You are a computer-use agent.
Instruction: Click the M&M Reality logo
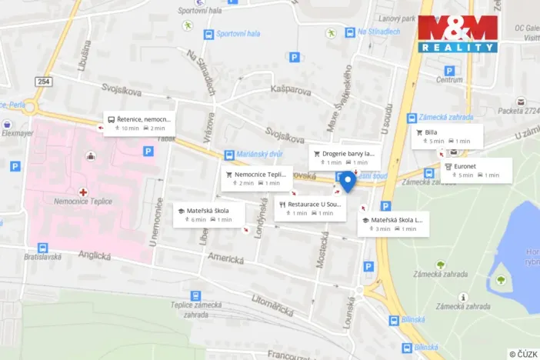tap(458, 34)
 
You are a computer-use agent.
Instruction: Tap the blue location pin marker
tap(347, 182)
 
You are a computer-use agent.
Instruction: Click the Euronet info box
tap(477, 170)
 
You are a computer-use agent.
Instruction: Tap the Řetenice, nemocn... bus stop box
tap(139, 123)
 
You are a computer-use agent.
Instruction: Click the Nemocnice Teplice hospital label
tap(83, 202)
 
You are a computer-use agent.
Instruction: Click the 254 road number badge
tap(42, 81)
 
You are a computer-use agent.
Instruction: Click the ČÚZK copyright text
tap(523, 353)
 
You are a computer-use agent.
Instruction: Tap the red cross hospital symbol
tap(83, 191)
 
